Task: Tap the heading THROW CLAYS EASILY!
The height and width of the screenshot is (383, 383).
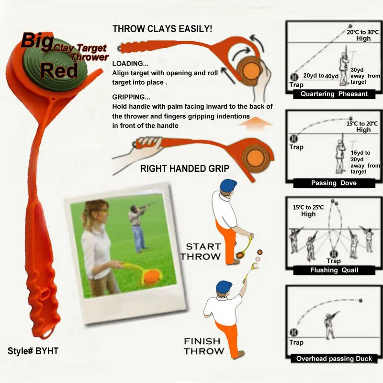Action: point(162,29)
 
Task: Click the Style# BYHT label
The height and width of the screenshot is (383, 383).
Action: point(33,351)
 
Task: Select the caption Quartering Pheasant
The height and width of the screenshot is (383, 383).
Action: point(334,94)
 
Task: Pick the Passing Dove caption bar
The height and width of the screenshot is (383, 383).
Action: point(334,183)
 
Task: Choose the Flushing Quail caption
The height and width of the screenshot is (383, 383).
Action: point(334,270)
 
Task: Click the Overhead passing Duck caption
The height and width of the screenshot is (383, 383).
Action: point(334,359)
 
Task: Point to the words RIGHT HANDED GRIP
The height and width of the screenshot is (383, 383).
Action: point(185,169)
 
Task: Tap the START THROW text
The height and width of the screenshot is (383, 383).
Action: point(201,252)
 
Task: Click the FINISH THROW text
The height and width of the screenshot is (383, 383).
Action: point(204,346)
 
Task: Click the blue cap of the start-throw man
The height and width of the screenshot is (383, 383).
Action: point(228,186)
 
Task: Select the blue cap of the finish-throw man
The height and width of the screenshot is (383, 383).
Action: point(224,286)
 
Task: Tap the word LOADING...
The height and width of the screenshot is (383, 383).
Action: point(130,64)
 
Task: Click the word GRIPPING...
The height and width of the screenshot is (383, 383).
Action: point(131,97)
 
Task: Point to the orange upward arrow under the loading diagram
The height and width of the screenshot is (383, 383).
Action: point(255,124)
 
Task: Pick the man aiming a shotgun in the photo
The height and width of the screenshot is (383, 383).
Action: point(138,227)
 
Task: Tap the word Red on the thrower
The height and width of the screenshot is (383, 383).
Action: point(59,70)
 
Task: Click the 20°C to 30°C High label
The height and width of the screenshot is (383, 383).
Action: point(363,35)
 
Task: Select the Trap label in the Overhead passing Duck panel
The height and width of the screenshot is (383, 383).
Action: point(296,342)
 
